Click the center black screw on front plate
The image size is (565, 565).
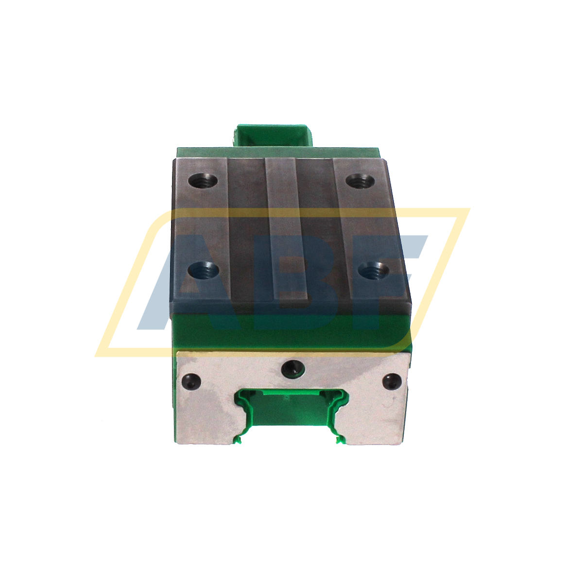(293, 369)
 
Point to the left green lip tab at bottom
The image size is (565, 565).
(238, 440)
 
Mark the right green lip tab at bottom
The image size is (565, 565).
(338, 440)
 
